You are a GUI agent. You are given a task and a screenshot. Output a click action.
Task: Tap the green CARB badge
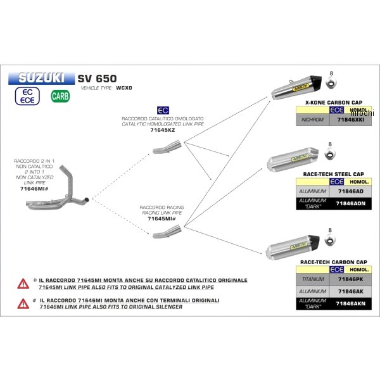coord(60,97)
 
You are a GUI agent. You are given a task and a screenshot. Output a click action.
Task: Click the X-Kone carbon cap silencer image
coord(298,88)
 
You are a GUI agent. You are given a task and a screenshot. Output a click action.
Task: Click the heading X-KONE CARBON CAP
coord(333,102)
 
